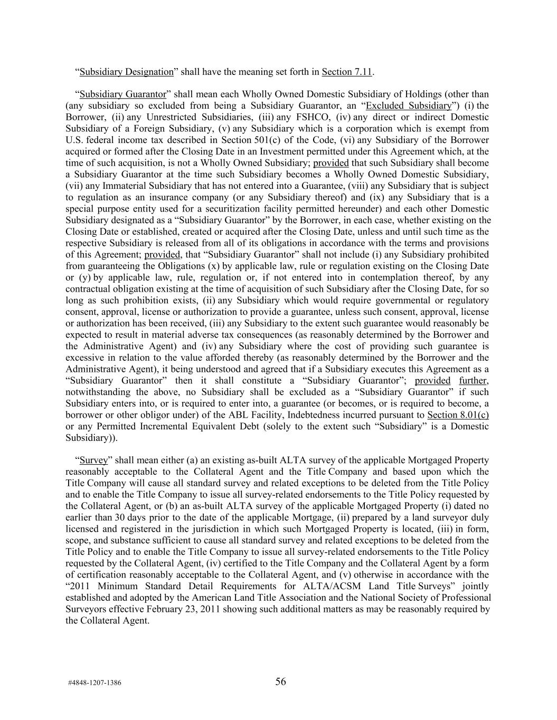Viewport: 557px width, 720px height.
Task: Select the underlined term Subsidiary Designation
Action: point(126,72)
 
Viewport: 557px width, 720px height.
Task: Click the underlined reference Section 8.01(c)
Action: point(458,415)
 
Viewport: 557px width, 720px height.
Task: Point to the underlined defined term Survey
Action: point(93,460)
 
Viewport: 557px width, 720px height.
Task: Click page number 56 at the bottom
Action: point(280,681)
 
